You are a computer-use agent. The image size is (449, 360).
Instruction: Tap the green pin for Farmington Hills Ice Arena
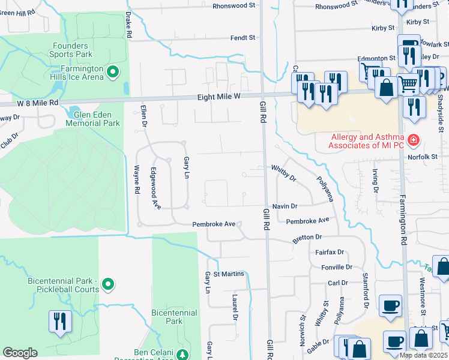pyautogui.click(x=112, y=73)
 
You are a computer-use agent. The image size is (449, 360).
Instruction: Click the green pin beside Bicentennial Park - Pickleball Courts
pyautogui.click(x=108, y=284)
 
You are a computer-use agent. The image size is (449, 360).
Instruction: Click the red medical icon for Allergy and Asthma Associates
pyautogui.click(x=413, y=141)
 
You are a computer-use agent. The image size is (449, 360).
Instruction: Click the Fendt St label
pyautogui.click(x=243, y=38)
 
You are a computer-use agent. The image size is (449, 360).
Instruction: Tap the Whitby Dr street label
pyautogui.click(x=284, y=173)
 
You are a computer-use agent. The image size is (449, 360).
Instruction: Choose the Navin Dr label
pyautogui.click(x=285, y=206)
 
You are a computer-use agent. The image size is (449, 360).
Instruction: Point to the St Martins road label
pyautogui.click(x=229, y=274)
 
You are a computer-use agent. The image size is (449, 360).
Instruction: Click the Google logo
pyautogui.click(x=20, y=353)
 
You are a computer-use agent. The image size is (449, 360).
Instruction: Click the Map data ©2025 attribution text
pyautogui.click(x=424, y=355)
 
